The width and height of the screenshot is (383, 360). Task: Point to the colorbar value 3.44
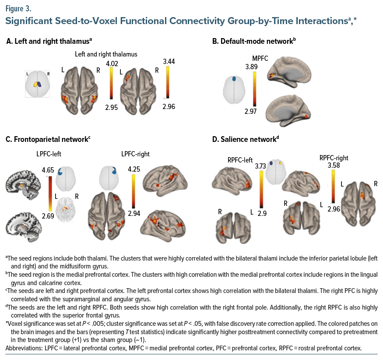168,61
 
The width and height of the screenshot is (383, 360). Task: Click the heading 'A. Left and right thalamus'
49,41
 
